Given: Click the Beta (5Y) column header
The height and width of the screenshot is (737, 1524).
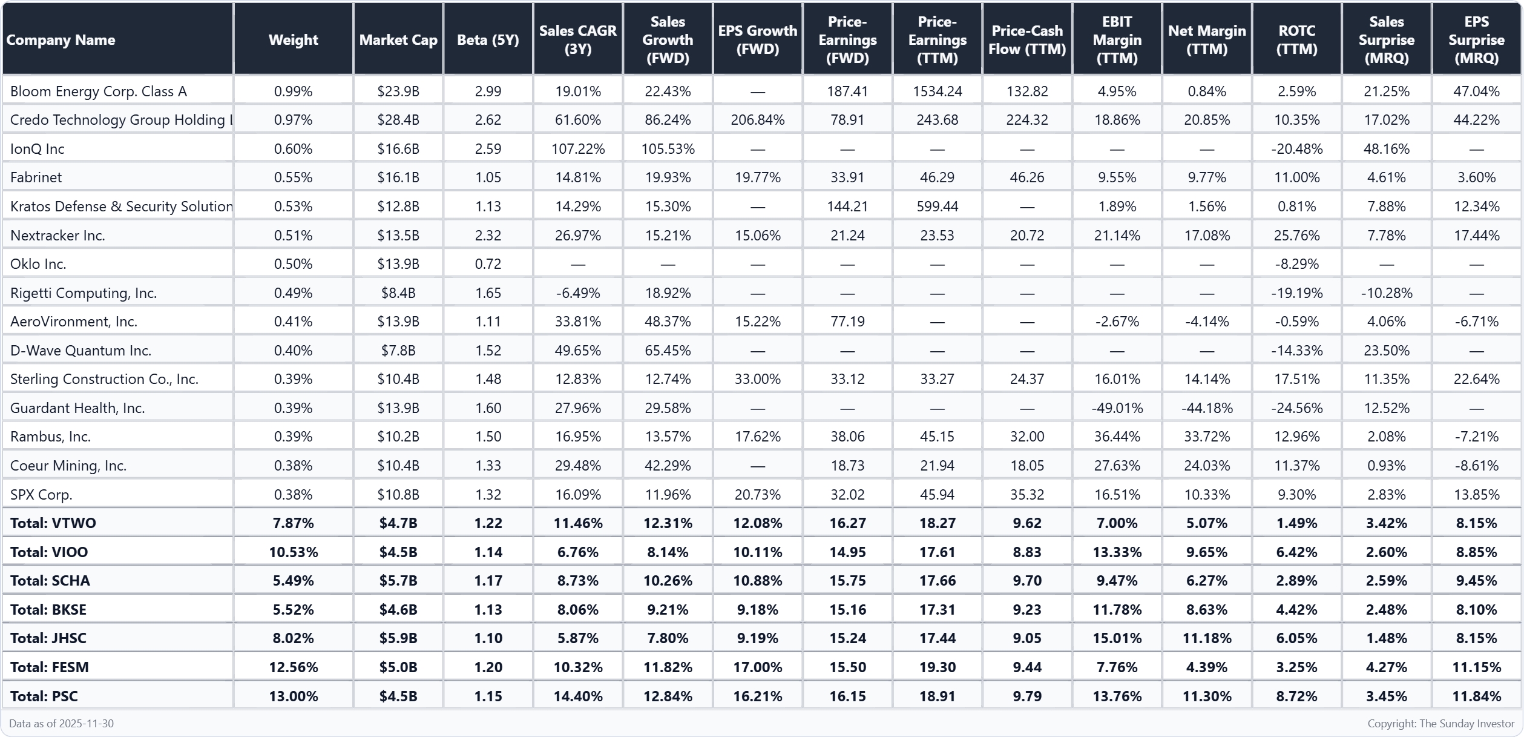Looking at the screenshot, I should tap(488, 40).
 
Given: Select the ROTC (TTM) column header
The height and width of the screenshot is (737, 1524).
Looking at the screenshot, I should tap(1296, 40).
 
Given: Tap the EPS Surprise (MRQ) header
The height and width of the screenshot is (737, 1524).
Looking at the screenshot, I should tap(1476, 40).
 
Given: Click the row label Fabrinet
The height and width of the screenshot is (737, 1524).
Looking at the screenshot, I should tap(36, 177).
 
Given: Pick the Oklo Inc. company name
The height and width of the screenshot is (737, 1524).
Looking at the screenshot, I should tap(38, 264).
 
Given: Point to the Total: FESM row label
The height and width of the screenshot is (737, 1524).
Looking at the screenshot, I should tap(50, 667).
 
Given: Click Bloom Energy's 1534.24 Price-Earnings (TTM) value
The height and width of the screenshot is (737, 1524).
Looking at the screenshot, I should tap(937, 91).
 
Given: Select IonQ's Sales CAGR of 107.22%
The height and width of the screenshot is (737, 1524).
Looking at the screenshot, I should tap(578, 149).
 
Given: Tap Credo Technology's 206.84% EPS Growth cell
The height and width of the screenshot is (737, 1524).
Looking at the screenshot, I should tap(757, 120).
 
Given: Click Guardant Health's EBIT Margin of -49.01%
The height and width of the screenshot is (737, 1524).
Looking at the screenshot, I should tap(1117, 408).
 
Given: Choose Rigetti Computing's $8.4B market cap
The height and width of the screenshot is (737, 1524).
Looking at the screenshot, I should tap(398, 293).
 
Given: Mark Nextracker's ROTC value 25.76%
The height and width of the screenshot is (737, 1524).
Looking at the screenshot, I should tap(1296, 236).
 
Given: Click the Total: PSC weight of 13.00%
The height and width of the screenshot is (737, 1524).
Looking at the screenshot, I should tap(294, 696).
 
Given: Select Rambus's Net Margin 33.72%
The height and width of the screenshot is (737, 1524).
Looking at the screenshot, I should tap(1207, 437).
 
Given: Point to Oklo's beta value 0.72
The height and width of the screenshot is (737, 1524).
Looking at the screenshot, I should tap(488, 264).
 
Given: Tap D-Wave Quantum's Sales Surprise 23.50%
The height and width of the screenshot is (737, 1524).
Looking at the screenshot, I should tap(1386, 351).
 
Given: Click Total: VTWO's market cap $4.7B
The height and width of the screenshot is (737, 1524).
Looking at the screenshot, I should tap(398, 523).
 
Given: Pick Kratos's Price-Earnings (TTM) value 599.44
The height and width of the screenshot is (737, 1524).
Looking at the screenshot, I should tap(937, 207).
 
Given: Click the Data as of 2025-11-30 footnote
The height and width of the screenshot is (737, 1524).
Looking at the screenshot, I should tap(61, 724).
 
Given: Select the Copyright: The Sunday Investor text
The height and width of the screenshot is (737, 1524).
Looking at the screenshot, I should tap(1440, 724).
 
